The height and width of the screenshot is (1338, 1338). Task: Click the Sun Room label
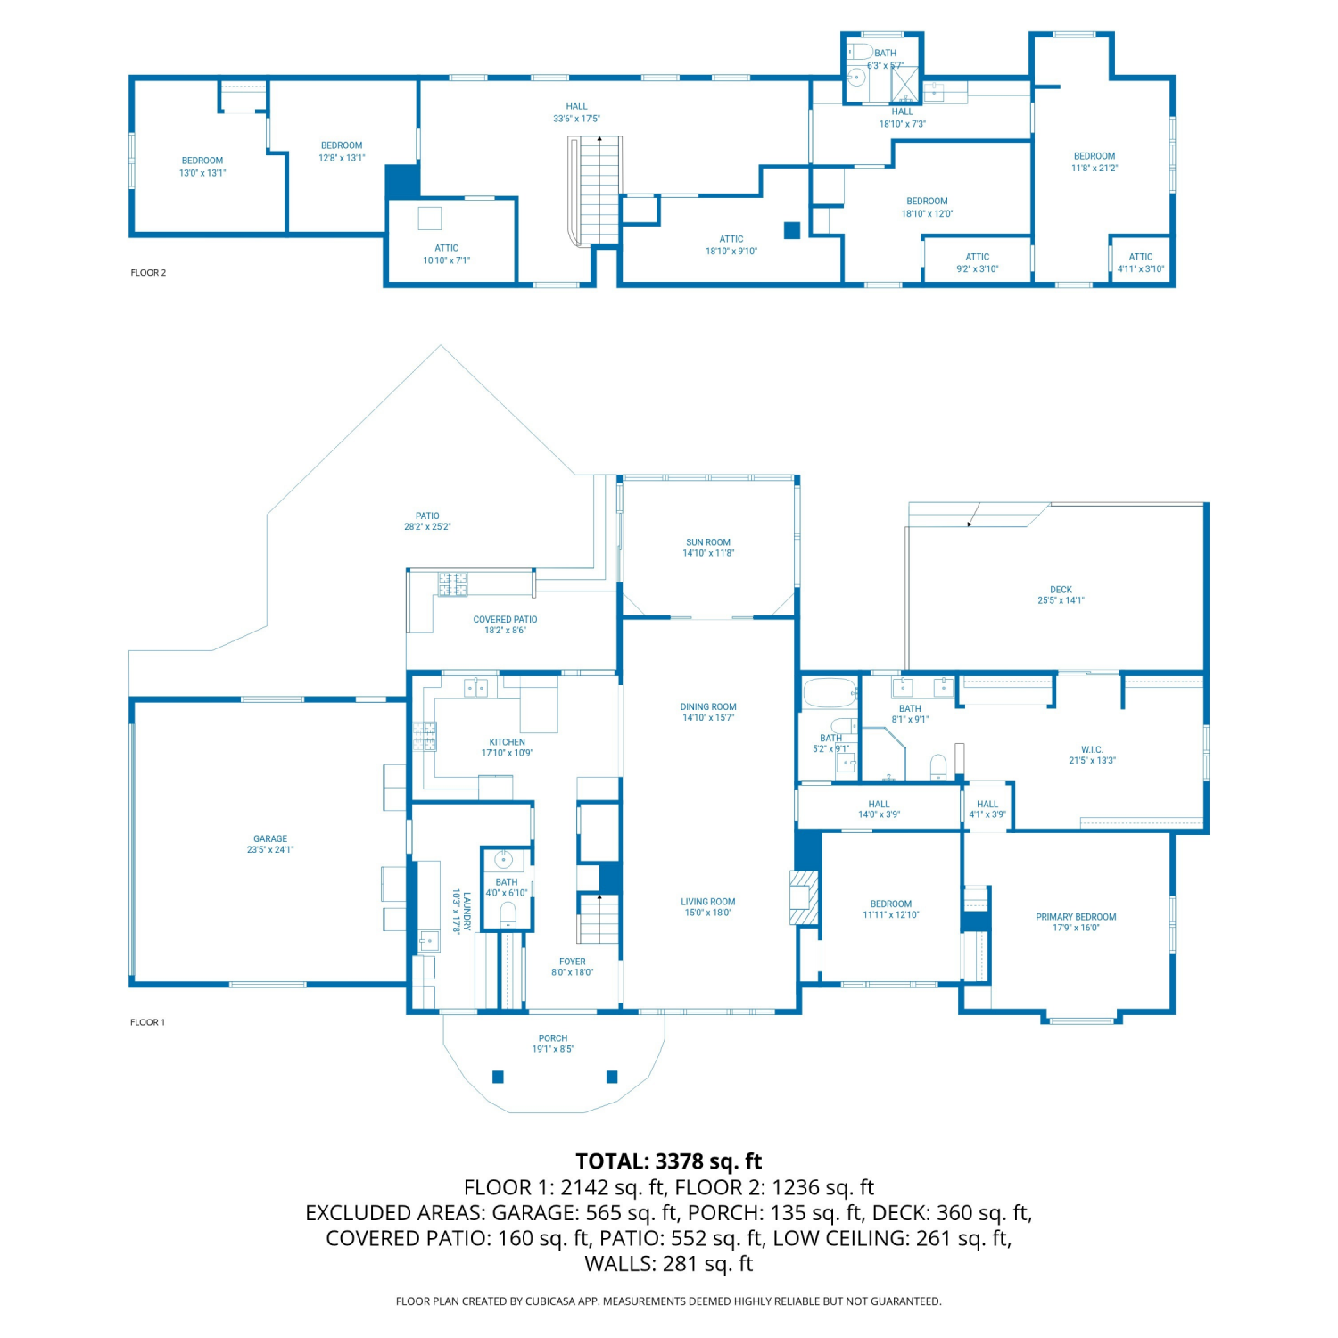[x=708, y=548]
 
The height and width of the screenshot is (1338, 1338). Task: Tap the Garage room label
[x=270, y=844]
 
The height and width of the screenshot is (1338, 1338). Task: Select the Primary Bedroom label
[x=1076, y=922]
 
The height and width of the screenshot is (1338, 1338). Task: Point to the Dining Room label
[x=708, y=712]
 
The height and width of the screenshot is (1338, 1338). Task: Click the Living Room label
[x=708, y=907]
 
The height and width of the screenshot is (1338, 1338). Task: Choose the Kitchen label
[x=508, y=747]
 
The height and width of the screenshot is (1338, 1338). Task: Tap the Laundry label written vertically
[x=461, y=911]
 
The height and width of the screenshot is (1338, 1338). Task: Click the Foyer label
[x=573, y=967]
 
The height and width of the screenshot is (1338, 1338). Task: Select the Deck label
[x=1061, y=595]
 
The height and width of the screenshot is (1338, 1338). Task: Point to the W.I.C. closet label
[x=1092, y=755]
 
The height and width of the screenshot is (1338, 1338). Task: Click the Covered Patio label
[x=505, y=624]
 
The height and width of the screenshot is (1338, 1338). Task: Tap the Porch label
[x=553, y=1044]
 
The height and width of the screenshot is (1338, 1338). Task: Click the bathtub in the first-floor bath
[x=830, y=694]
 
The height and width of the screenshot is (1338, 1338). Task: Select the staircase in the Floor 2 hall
[x=596, y=190]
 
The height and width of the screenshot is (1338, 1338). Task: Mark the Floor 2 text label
[x=148, y=273]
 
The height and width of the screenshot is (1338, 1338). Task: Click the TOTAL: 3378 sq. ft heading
[x=669, y=1161]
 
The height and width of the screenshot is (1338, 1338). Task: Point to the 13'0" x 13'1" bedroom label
[x=202, y=167]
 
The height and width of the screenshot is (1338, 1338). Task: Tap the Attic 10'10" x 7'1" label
[x=447, y=254]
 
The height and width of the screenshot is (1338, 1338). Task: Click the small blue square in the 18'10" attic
[x=792, y=230]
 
